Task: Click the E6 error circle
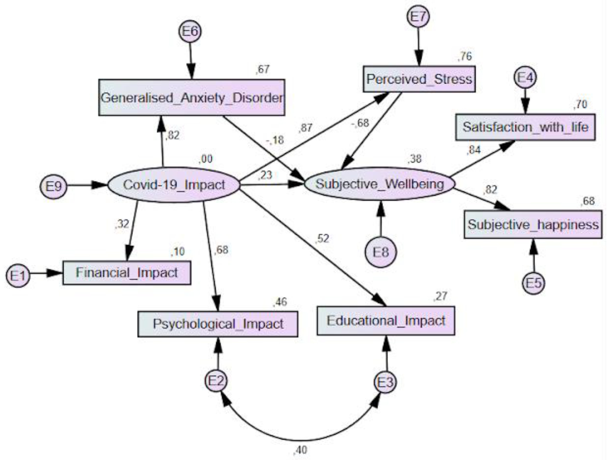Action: point(190,31)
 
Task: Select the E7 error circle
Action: point(418,16)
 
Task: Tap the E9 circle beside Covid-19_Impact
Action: point(53,186)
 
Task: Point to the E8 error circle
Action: point(381,252)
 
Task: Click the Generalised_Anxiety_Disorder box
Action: point(192,98)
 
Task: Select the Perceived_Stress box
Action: point(419,79)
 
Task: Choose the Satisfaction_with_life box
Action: point(525,127)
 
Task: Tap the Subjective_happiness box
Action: point(533,224)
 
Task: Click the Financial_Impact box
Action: point(127,273)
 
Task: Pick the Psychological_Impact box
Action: point(218,324)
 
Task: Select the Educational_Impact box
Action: point(386,321)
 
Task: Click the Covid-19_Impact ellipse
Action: point(174,185)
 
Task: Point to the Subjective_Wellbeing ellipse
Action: point(380,184)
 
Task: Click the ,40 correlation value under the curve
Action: point(301,450)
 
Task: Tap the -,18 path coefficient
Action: point(275,140)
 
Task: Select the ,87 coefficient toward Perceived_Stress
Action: point(305,128)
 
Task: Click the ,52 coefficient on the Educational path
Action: point(322,239)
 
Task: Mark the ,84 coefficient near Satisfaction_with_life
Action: point(474,150)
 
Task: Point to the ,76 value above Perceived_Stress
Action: point(465,56)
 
